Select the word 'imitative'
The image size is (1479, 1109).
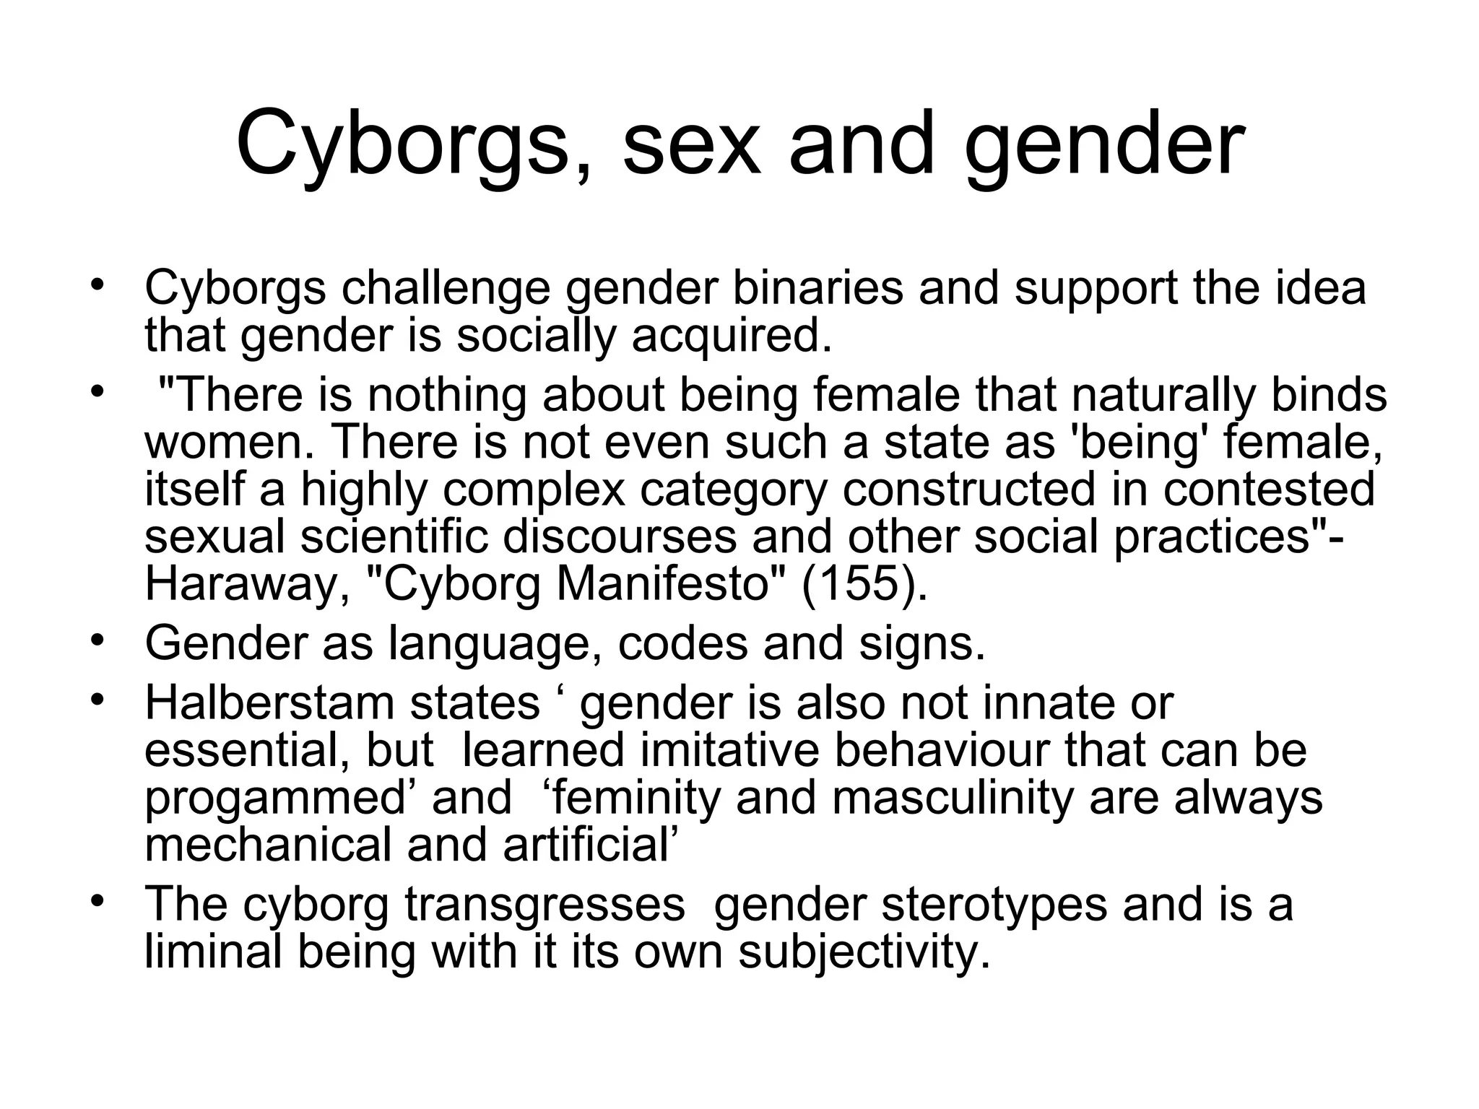pos(729,749)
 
